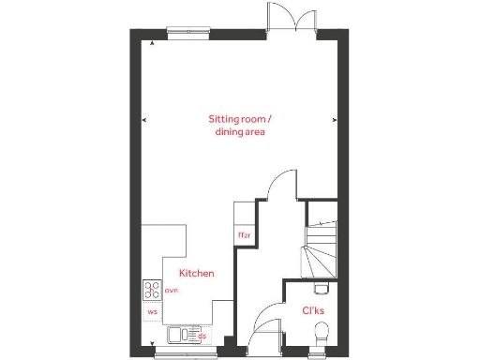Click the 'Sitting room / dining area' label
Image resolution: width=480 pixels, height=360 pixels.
239,126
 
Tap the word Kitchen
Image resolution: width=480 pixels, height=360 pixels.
197,274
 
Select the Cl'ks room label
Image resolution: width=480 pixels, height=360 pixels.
313,310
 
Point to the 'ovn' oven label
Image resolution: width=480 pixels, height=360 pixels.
172,291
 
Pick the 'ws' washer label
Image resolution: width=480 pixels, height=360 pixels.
152,310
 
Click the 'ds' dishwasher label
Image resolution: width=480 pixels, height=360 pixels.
201,335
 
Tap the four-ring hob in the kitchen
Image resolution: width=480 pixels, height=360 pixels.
152,291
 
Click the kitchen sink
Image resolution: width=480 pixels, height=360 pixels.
178,334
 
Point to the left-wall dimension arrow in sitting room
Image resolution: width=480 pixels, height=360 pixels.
143,120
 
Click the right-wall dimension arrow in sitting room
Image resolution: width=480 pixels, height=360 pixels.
337,120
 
